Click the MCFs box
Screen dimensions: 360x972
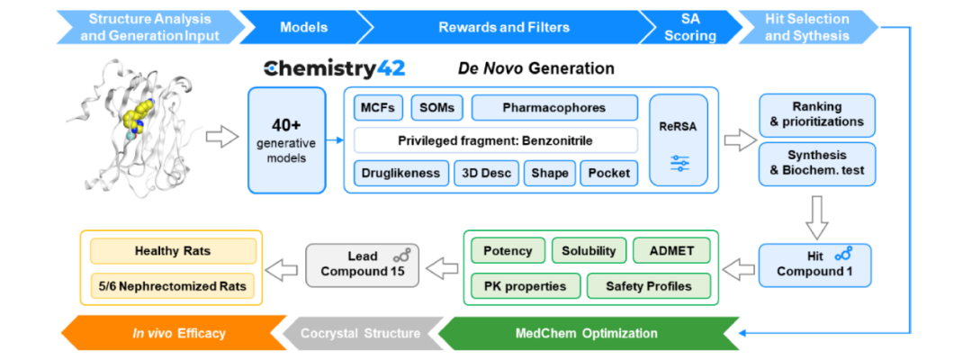click(x=376, y=108)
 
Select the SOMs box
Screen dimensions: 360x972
click(x=437, y=108)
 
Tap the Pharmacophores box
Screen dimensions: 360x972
click(x=553, y=108)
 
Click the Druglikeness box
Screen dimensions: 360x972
click(x=401, y=172)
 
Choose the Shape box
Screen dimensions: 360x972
click(x=548, y=172)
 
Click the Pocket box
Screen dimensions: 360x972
click(x=608, y=172)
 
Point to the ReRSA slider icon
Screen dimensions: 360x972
click(x=679, y=163)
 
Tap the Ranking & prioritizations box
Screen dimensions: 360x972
click(x=816, y=114)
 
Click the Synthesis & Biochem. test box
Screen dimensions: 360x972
click(x=816, y=164)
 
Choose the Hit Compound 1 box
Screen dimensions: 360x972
click(x=816, y=265)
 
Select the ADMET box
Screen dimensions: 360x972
click(x=671, y=251)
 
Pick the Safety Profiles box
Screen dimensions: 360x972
click(x=648, y=286)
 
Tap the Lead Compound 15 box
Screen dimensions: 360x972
click(x=364, y=265)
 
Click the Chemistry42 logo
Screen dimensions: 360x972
click(x=334, y=68)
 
